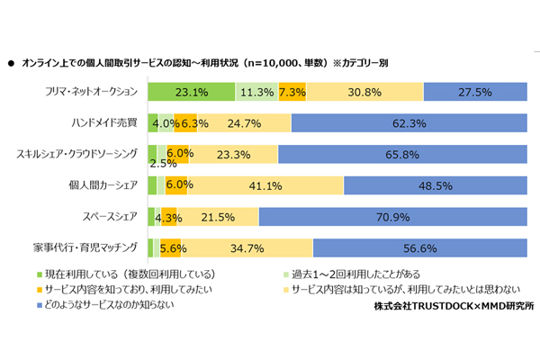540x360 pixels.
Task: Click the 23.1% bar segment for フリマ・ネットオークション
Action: click(191, 91)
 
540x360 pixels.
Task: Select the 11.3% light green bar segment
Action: click(257, 91)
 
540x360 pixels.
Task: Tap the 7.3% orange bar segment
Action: click(292, 91)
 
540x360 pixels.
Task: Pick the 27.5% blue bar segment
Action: click(474, 91)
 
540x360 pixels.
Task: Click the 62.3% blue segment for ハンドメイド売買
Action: click(408, 122)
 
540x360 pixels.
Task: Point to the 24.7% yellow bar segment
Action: click(244, 122)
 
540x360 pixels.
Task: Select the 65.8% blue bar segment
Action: click(401, 154)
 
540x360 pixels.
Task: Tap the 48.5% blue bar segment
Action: click(434, 185)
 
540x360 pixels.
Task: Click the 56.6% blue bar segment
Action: click(418, 248)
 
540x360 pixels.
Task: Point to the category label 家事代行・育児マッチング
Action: click(87, 248)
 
